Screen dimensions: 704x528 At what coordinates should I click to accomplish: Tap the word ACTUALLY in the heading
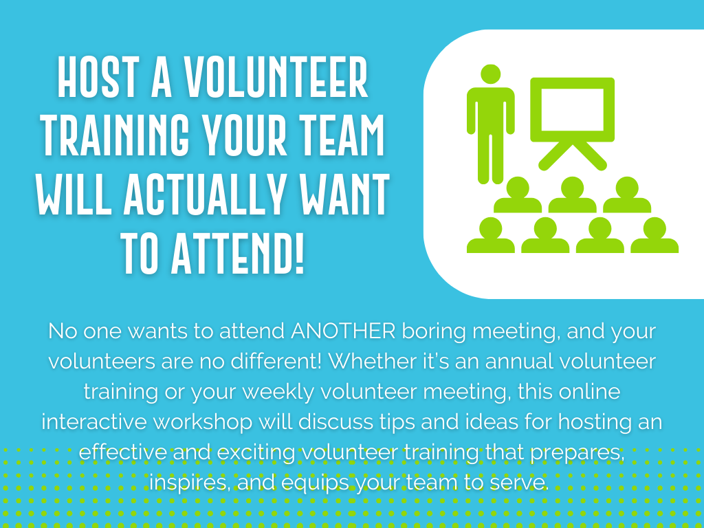(x=205, y=194)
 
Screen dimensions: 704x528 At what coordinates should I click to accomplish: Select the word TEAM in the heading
(x=342, y=135)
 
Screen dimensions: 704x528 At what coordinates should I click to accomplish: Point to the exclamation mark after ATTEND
(x=300, y=253)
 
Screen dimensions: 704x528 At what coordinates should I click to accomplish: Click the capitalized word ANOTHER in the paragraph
(x=343, y=331)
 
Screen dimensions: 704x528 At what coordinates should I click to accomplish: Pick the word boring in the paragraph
(x=434, y=333)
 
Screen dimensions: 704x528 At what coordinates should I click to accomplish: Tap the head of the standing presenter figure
(x=490, y=74)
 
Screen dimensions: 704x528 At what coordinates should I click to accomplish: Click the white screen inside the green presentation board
(x=572, y=109)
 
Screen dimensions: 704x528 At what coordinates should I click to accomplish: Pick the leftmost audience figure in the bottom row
(x=490, y=235)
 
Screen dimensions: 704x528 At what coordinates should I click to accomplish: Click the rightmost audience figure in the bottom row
(x=654, y=235)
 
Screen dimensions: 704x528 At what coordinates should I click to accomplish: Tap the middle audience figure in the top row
(x=572, y=195)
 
